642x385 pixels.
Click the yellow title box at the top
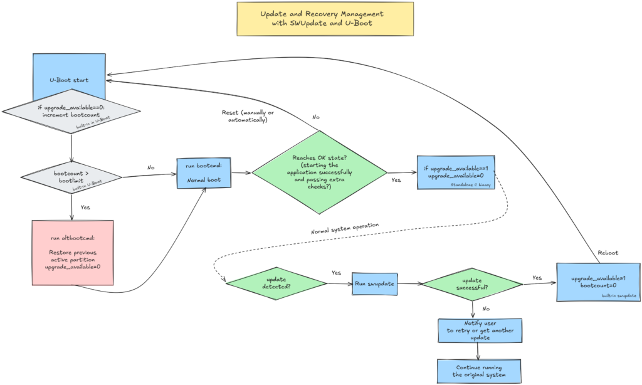tap(324, 19)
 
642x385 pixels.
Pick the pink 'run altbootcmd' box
tap(72, 253)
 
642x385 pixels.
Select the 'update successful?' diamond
tap(471, 284)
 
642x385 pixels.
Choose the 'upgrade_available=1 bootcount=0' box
tap(598, 282)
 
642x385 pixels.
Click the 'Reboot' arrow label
tap(608, 253)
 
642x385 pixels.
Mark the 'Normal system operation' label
tap(345, 229)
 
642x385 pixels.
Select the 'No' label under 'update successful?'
tap(487, 309)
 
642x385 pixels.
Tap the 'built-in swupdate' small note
tap(619, 295)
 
